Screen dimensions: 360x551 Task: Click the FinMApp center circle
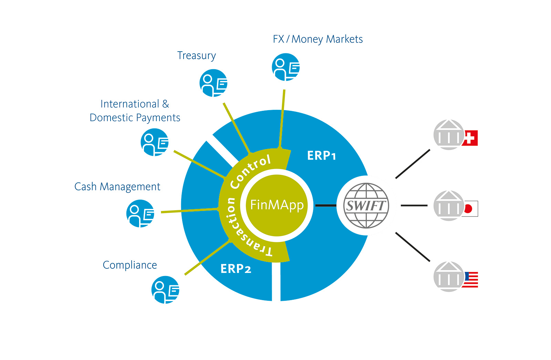(277, 205)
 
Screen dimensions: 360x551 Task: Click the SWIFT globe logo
(366, 205)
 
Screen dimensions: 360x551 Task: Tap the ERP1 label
(321, 156)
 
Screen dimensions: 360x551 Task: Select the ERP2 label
(236, 268)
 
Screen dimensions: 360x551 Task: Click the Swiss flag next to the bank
(470, 138)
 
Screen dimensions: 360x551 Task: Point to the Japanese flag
(470, 209)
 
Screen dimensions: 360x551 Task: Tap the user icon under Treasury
(213, 83)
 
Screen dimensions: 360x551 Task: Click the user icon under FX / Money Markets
(285, 67)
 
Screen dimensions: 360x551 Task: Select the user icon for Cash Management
(140, 213)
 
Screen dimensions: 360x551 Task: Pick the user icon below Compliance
(165, 289)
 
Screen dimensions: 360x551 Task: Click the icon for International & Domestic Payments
(155, 142)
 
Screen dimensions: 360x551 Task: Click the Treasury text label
(196, 56)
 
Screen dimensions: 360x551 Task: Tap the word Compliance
(130, 265)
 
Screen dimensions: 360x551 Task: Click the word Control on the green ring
(250, 171)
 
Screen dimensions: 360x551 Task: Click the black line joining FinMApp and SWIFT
(325, 205)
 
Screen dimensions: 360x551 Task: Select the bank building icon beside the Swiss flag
(448, 135)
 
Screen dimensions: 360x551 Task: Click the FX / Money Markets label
(318, 39)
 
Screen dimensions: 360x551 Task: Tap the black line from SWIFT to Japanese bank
(414, 205)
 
